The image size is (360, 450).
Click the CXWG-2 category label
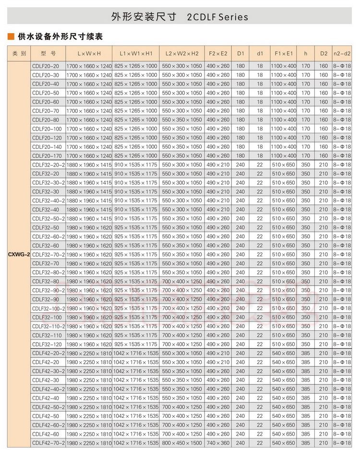click(x=19, y=254)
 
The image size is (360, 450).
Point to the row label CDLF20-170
click(x=46, y=155)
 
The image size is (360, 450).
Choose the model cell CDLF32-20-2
click(x=48, y=165)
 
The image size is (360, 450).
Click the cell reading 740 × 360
click(x=218, y=443)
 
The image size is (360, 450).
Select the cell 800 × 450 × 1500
click(x=182, y=443)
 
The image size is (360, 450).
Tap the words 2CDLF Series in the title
click(x=218, y=17)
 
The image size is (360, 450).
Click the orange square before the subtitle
click(x=10, y=36)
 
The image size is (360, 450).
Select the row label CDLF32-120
click(x=46, y=344)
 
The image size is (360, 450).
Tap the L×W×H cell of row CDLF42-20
click(x=89, y=362)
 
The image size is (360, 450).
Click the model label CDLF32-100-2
click(x=48, y=308)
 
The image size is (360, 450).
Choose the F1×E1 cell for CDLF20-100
click(x=283, y=129)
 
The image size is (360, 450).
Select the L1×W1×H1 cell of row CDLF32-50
click(x=136, y=227)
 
